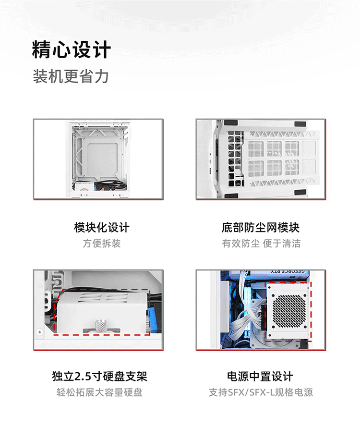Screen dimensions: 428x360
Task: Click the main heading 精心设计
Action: point(72,50)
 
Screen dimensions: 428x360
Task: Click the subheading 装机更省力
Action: point(71,76)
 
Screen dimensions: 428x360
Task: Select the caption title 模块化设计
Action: point(101,227)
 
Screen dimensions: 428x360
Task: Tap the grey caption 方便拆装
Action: point(101,244)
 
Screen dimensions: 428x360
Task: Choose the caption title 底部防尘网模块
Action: point(261,227)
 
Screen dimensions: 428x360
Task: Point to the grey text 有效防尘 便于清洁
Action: point(261,244)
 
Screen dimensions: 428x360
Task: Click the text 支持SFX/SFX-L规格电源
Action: point(261,392)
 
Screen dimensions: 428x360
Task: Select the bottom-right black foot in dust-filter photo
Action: point(300,193)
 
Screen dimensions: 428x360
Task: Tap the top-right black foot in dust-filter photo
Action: point(300,123)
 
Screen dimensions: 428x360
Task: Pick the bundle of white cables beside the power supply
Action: point(240,327)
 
